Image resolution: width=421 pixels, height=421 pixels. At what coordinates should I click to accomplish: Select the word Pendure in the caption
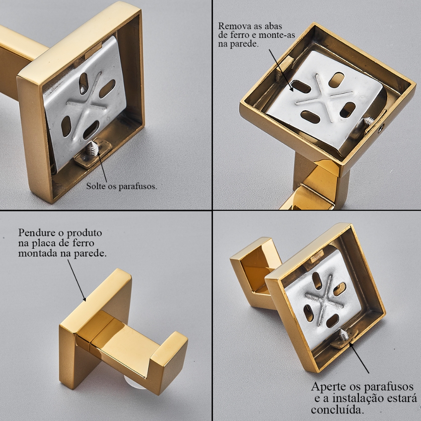pyautogui.click(x=36, y=233)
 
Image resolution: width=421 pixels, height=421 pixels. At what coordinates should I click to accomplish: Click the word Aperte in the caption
pyautogui.click(x=328, y=387)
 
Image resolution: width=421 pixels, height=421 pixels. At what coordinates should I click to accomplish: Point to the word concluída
pyautogui.click(x=338, y=410)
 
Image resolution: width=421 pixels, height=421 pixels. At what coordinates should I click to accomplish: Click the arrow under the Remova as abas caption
pyautogui.click(x=280, y=70)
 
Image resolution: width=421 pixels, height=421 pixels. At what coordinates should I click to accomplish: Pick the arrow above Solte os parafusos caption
pyautogui.click(x=102, y=167)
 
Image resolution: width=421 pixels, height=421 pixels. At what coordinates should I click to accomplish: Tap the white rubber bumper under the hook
pyautogui.click(x=131, y=381)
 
